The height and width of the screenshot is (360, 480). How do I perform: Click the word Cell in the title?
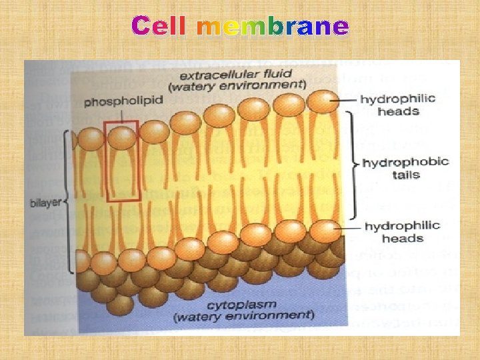coord(161,27)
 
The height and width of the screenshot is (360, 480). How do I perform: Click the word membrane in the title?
coord(273,27)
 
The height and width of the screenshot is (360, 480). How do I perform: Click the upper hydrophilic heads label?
coord(398,105)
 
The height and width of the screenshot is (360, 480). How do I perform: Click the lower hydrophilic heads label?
coord(402,232)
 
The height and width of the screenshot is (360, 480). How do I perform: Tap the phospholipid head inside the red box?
coord(121,137)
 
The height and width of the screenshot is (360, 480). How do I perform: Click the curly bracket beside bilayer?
coord(69,199)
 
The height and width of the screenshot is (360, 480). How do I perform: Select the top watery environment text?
coord(238,85)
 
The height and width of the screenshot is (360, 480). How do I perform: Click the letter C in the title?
coord(142,27)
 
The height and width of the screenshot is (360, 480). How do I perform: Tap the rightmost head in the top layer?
coord(323,101)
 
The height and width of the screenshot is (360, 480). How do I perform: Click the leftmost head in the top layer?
coord(90,139)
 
